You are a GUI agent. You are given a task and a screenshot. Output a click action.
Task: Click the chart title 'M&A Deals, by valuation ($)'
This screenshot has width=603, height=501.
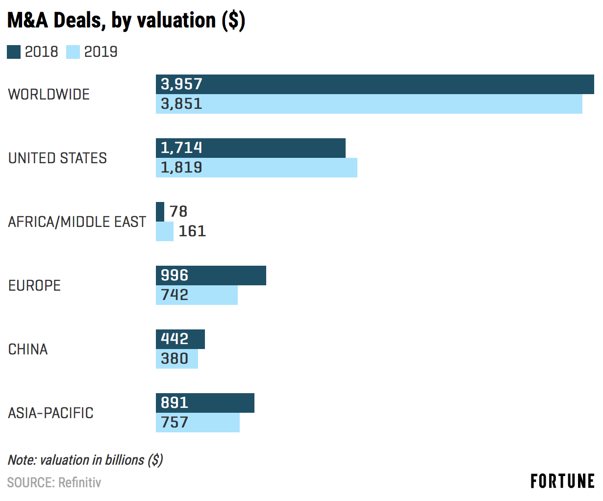pos(126,21)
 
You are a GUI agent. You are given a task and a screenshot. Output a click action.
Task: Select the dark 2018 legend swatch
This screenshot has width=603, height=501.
pos(14,52)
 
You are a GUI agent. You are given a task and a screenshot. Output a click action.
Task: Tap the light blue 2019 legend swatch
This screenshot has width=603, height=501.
pos(73,52)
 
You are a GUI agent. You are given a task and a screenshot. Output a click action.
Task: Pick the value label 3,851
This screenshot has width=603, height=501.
pos(181,104)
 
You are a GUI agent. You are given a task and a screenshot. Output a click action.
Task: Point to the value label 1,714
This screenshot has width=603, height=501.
pos(181,148)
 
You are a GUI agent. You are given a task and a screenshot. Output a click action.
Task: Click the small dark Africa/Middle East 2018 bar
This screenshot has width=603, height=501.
pos(160,212)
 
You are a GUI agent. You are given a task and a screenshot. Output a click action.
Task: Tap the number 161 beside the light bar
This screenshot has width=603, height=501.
pos(192,231)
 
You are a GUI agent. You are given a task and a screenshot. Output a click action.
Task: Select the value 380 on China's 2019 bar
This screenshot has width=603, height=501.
pos(175,359)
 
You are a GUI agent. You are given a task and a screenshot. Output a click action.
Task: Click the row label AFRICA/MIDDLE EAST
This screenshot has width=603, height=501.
pos(77,222)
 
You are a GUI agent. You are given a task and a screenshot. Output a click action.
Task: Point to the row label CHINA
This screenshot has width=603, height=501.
pos(28,349)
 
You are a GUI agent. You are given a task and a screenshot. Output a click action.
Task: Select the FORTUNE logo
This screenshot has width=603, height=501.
pos(562,481)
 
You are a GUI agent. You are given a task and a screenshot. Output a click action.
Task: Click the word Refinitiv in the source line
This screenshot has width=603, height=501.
pos(79,483)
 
